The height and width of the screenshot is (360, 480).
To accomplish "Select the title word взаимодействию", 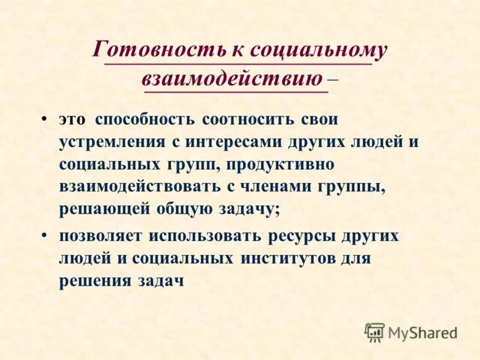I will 233,78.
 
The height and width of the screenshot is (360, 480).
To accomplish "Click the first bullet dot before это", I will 46,118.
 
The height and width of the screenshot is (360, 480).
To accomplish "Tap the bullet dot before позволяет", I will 46,235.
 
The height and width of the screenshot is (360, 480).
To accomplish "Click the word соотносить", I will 247,119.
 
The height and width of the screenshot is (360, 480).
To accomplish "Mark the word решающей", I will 103,209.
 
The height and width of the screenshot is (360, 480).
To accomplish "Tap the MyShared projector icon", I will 374,332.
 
